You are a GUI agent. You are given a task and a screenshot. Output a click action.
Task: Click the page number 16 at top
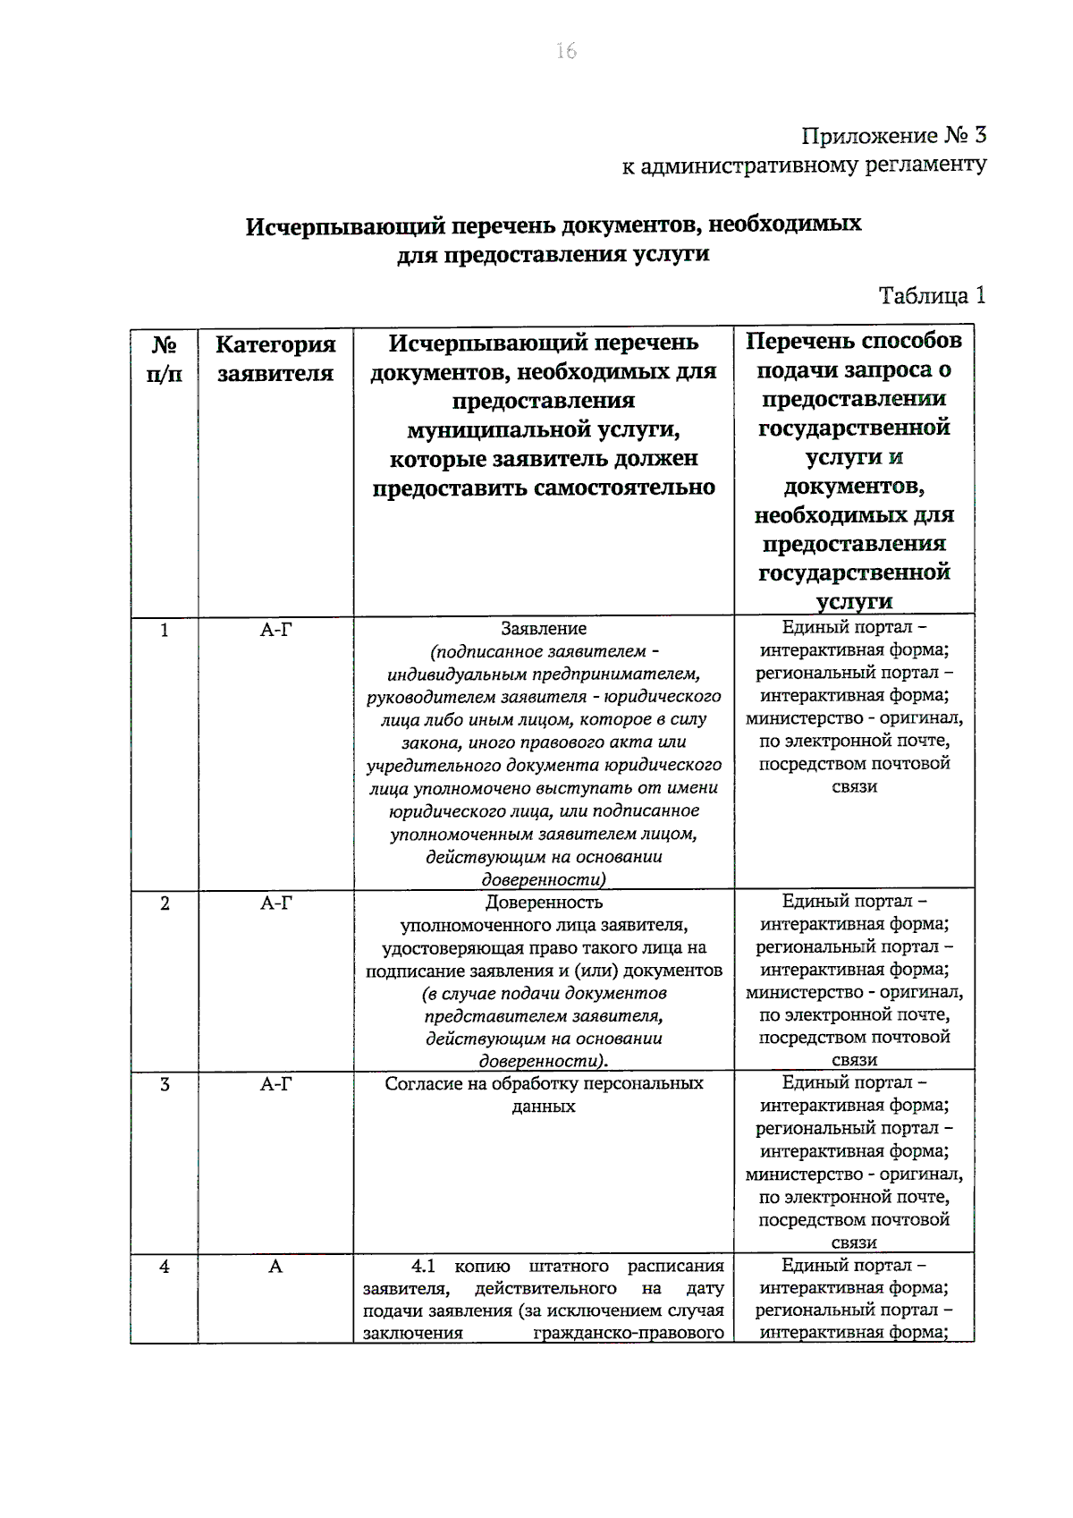click(566, 51)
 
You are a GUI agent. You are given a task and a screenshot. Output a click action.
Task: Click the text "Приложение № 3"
click(893, 136)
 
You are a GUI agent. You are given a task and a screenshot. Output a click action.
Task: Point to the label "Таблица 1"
click(932, 296)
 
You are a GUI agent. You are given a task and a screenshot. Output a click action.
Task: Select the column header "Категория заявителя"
click(275, 359)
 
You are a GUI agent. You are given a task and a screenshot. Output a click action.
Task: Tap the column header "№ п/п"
click(164, 359)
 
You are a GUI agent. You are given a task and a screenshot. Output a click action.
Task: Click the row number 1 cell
click(165, 631)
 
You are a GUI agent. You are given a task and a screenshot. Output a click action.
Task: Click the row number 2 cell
click(165, 903)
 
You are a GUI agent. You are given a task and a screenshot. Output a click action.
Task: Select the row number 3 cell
click(165, 1085)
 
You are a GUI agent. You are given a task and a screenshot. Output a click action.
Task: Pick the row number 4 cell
click(165, 1267)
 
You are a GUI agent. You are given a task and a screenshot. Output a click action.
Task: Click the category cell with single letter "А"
click(275, 1267)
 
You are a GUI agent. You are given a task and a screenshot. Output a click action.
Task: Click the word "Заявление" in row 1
click(544, 629)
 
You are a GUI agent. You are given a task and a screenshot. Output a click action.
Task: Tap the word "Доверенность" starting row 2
click(544, 903)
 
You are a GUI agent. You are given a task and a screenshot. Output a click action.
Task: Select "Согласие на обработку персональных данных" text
click(544, 1095)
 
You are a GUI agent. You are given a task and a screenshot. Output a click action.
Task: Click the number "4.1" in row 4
click(423, 1267)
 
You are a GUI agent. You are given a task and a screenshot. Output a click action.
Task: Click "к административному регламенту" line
click(804, 165)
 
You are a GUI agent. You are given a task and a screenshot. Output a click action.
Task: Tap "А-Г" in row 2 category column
click(275, 903)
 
